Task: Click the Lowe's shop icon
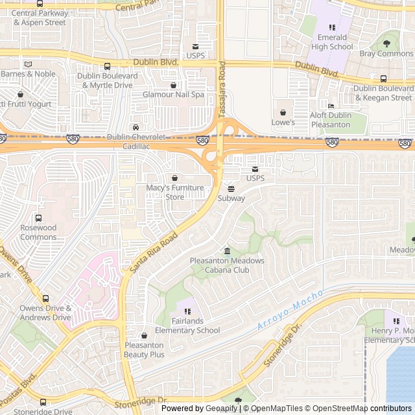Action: tap(282, 111)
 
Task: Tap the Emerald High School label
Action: tap(332, 42)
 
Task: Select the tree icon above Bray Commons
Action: tap(387, 43)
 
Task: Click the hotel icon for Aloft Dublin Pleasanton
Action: tap(331, 106)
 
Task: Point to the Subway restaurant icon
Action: tap(231, 187)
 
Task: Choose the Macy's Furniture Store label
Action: tap(174, 193)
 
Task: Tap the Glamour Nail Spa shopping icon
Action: tap(173, 85)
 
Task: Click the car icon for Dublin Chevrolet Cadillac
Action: tap(136, 127)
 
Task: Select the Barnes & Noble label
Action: tap(28, 74)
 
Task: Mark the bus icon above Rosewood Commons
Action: tap(39, 218)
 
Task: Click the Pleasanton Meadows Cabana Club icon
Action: tap(227, 251)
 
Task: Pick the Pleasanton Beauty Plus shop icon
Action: tap(144, 335)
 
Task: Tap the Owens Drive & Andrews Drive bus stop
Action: tap(45, 298)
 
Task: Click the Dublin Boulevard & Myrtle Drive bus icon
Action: tap(107, 66)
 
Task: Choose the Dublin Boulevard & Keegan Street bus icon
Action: tap(383, 78)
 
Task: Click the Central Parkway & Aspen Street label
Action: tap(40, 18)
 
